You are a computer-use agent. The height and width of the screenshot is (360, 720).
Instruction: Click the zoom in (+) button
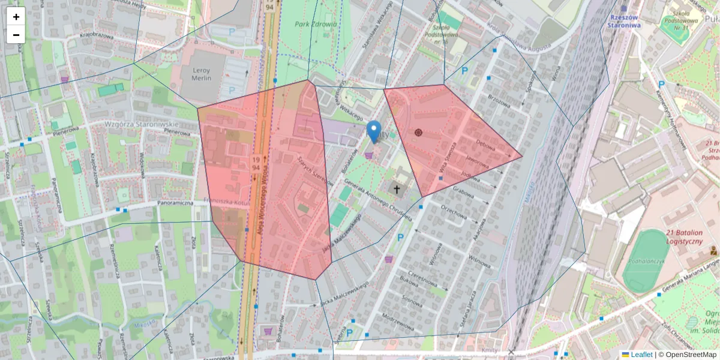(x=16, y=17)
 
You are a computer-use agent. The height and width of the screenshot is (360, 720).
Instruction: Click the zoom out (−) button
(x=16, y=34)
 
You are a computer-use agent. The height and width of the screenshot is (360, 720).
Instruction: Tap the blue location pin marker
(x=374, y=131)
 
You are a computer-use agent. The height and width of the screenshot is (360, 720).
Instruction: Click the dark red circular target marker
(x=418, y=133)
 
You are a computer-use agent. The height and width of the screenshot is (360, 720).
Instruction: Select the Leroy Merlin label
(x=201, y=74)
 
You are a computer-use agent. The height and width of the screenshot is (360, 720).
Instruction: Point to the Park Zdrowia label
(x=316, y=25)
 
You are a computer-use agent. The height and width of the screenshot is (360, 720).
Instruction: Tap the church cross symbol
(x=396, y=190)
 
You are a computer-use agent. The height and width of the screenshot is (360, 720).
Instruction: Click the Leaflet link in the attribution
(x=641, y=355)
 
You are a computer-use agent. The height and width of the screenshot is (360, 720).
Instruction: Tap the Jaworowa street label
(x=477, y=163)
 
